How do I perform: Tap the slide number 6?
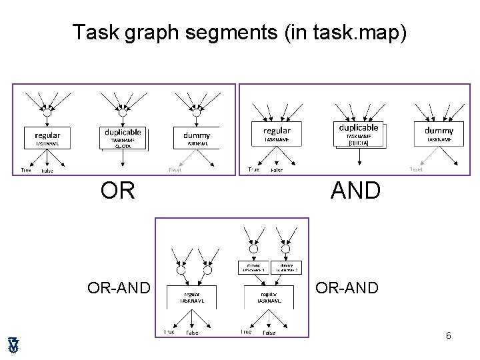[x=449, y=335]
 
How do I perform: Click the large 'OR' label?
[x=118, y=191]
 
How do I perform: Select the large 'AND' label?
[x=355, y=191]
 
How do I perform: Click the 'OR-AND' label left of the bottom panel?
[x=117, y=288]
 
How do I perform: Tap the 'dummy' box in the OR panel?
[x=197, y=138]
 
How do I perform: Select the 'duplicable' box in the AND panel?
[x=359, y=133]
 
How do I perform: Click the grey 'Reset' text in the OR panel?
[x=175, y=170]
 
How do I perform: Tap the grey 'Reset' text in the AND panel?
[x=416, y=169]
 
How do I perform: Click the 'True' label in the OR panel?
[x=26, y=170]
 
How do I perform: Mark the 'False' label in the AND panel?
[x=277, y=171]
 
